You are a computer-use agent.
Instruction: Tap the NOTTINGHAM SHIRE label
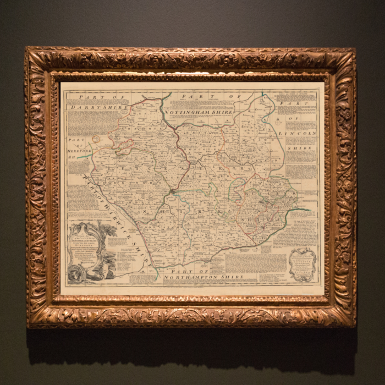[199, 112]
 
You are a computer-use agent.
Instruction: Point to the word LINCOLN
[298, 134]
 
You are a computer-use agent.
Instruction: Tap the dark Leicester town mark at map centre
[173, 191]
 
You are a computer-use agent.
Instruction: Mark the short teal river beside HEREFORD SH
[84, 156]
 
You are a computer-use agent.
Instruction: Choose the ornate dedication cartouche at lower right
[303, 265]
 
